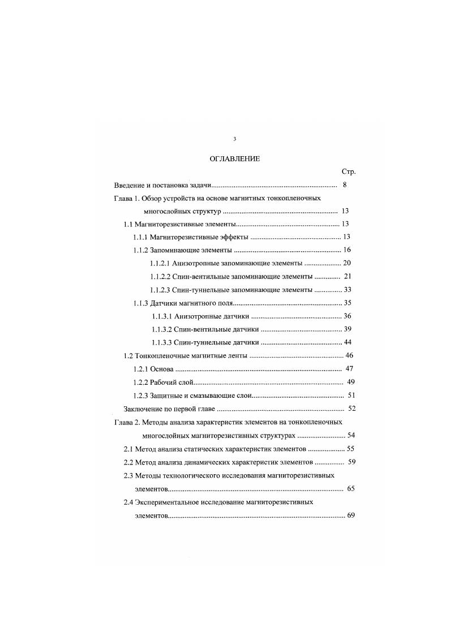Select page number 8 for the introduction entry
click(x=345, y=186)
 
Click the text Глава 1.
click(x=126, y=199)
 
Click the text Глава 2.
click(x=126, y=422)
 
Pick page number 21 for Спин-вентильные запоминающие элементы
click(x=348, y=277)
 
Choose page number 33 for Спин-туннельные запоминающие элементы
click(x=348, y=290)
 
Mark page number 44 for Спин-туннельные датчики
click(x=348, y=342)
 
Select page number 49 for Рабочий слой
click(x=350, y=382)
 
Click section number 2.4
click(x=128, y=502)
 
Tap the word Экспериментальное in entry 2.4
click(x=167, y=502)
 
